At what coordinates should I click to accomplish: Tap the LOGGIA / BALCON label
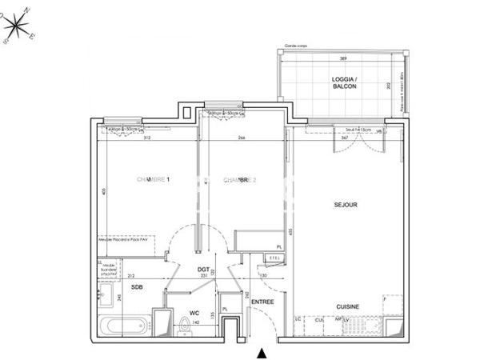pyautogui.click(x=344, y=84)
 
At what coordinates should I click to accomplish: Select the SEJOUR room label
pyautogui.click(x=346, y=205)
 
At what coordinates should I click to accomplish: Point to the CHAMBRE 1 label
pyautogui.click(x=154, y=180)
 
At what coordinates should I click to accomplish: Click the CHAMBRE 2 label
pyautogui.click(x=239, y=180)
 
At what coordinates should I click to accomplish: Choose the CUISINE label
pyautogui.click(x=347, y=306)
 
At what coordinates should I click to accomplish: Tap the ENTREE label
pyautogui.click(x=263, y=302)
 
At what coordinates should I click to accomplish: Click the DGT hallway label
pyautogui.click(x=204, y=270)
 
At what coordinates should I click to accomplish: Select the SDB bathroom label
pyautogui.click(x=137, y=287)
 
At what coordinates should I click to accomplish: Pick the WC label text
pyautogui.click(x=194, y=313)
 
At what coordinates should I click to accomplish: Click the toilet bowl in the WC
pyautogui.click(x=186, y=327)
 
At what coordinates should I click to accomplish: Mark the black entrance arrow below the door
pyautogui.click(x=260, y=352)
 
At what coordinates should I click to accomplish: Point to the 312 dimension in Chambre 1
pyautogui.click(x=146, y=138)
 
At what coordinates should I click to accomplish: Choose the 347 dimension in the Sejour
pyautogui.click(x=322, y=138)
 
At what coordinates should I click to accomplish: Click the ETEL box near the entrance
pyautogui.click(x=272, y=258)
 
